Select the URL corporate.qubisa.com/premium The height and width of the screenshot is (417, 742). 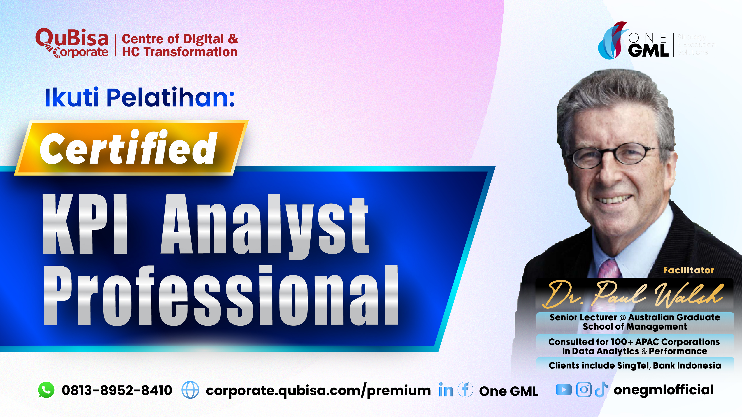click(x=318, y=391)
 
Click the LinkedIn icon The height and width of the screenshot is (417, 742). click(x=446, y=390)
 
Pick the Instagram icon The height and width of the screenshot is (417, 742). click(x=584, y=390)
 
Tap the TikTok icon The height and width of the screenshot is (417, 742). click(x=601, y=390)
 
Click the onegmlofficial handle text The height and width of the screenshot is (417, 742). click(x=663, y=390)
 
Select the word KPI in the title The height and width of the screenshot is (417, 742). click(x=85, y=225)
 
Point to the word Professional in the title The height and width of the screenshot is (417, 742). click(x=220, y=296)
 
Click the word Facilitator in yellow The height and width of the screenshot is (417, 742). click(x=688, y=270)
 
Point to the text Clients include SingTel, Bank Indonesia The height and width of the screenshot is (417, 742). click(x=635, y=366)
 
